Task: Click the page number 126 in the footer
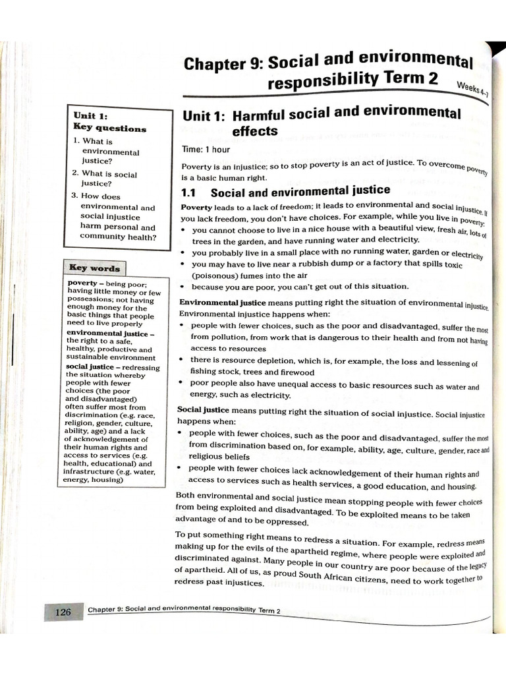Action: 63,612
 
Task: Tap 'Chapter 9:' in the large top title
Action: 221,64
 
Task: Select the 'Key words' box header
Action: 95,268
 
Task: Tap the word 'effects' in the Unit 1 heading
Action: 255,131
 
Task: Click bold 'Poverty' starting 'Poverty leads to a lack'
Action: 196,207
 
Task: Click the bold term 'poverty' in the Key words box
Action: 83,283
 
